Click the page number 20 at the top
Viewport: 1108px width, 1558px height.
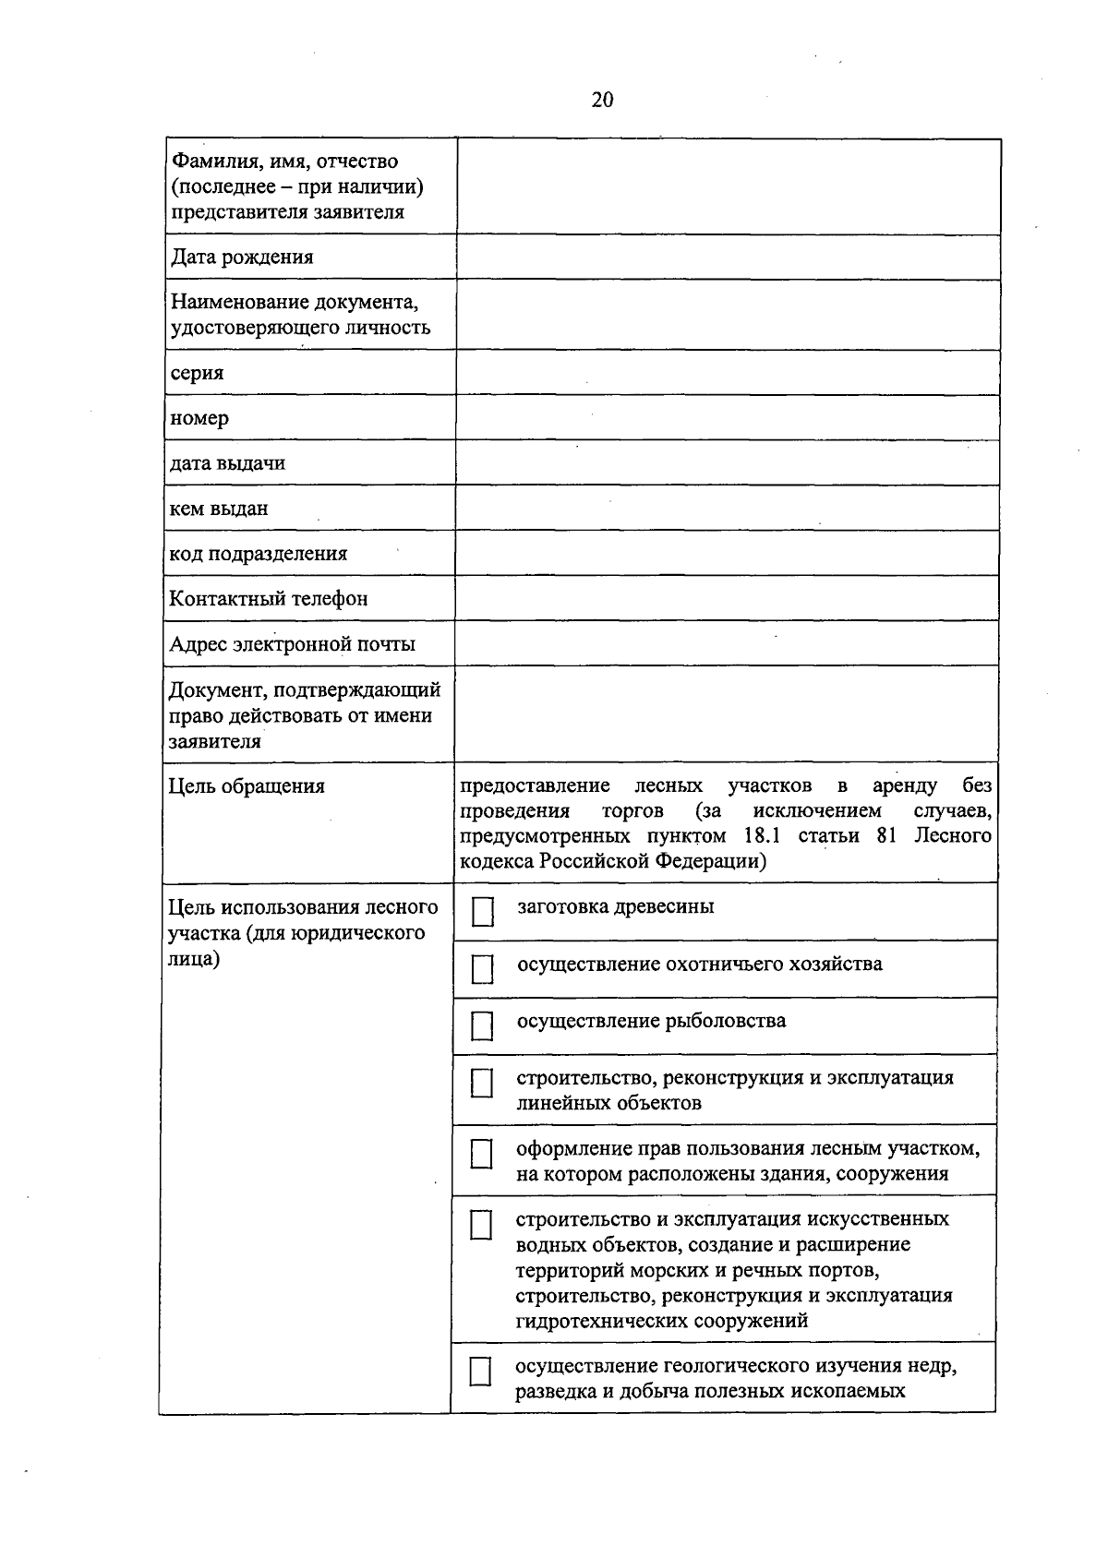point(602,100)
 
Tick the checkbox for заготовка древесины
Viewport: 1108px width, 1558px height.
point(482,912)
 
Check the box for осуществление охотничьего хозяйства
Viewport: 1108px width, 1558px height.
point(482,969)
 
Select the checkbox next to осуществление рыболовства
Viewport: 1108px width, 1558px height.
point(482,1025)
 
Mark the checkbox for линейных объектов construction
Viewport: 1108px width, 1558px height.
point(481,1083)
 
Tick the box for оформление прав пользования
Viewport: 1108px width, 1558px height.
point(481,1154)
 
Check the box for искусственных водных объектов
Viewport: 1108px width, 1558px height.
point(480,1225)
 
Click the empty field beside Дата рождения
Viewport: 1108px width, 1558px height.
point(728,258)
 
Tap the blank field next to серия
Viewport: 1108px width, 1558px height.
point(728,373)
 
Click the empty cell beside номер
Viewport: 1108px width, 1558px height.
point(728,418)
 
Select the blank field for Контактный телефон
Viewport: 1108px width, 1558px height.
point(727,598)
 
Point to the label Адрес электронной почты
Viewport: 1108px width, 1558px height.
point(292,644)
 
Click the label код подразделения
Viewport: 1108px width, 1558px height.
point(259,554)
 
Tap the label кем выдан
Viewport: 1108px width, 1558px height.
point(219,509)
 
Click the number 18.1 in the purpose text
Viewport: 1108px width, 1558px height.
point(762,836)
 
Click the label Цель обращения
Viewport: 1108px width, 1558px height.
point(247,786)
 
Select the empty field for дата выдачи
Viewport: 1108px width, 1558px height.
point(728,463)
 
